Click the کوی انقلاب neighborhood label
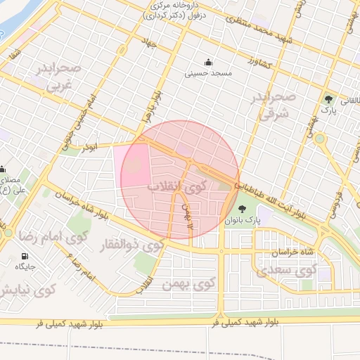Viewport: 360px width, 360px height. (176, 186)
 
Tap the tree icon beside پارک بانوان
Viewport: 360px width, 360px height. (243, 209)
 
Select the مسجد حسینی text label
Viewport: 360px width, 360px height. (207, 72)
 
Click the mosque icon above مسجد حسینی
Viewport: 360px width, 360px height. (207, 61)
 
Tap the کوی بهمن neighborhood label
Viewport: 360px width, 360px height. (188, 284)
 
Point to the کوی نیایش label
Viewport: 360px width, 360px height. (28, 290)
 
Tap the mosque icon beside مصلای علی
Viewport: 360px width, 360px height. (4, 169)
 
